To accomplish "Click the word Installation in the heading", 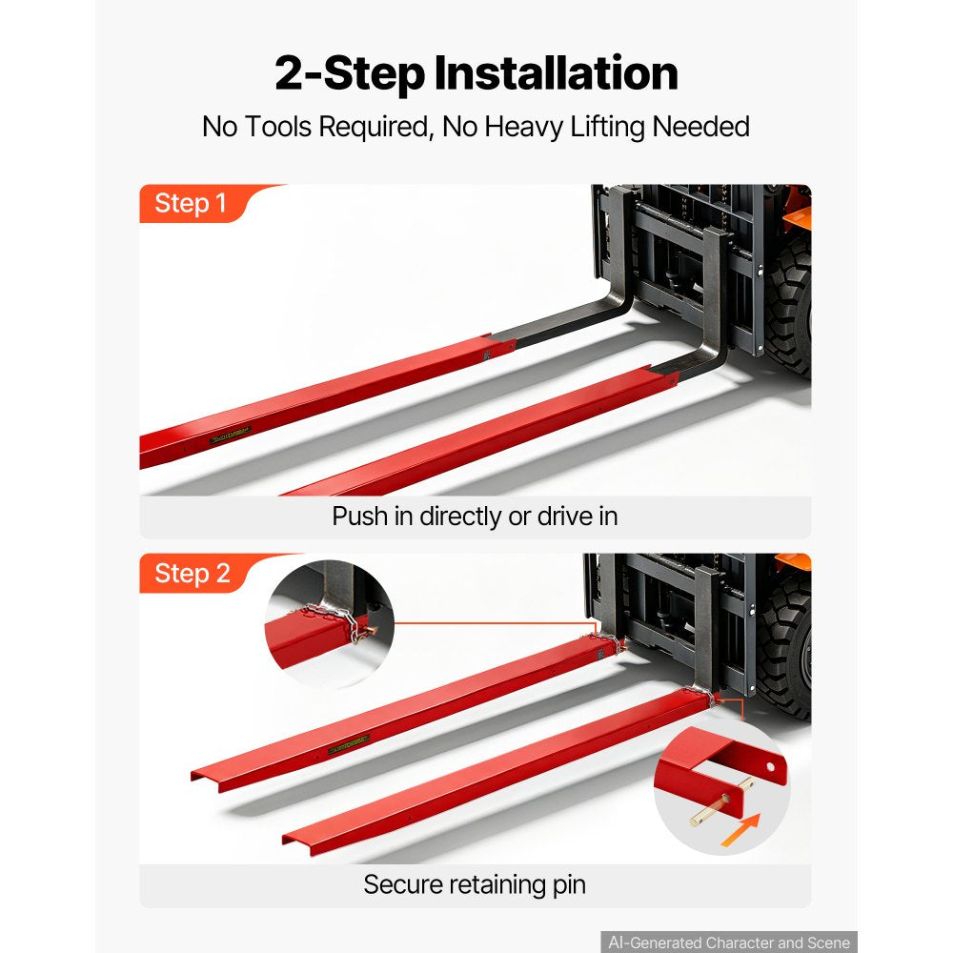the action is click(556, 73).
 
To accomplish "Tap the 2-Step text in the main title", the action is click(350, 74).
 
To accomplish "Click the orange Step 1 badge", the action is click(193, 204).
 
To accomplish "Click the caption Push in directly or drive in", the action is click(475, 517).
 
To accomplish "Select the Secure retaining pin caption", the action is click(475, 885).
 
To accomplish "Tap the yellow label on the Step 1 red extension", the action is click(231, 436).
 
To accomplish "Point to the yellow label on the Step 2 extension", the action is click(348, 744).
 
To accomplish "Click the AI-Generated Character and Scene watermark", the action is click(729, 943).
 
